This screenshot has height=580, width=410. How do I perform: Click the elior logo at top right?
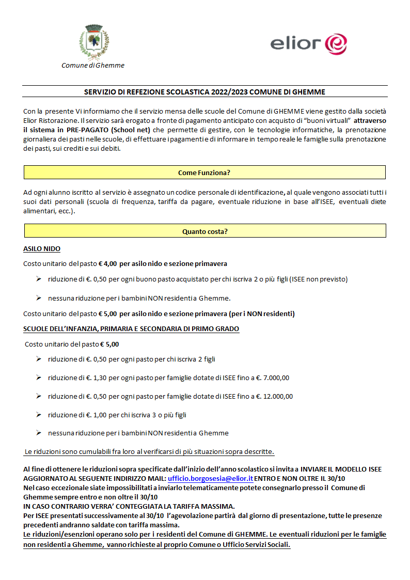[309, 43]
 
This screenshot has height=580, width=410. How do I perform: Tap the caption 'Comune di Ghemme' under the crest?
[93, 66]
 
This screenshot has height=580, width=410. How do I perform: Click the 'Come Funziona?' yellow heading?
[204, 173]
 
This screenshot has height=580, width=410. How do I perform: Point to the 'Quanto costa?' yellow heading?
[204, 231]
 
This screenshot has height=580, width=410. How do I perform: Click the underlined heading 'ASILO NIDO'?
[42, 249]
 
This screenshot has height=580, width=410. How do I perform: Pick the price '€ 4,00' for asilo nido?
[107, 263]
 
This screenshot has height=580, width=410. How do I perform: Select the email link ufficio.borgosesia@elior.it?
[211, 479]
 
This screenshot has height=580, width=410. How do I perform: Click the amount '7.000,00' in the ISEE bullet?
[276, 378]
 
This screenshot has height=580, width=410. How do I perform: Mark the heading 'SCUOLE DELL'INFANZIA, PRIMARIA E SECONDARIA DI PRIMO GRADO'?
[131, 329]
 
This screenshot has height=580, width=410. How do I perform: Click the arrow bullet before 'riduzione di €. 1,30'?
[39, 378]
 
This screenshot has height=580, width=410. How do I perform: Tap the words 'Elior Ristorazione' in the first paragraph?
[48, 121]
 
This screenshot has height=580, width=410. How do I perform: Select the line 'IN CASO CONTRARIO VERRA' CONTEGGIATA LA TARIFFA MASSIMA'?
[129, 506]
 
